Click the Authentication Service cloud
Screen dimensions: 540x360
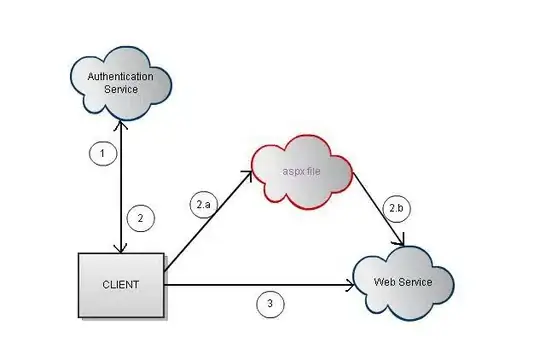(121, 84)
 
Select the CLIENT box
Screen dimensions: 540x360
(121, 285)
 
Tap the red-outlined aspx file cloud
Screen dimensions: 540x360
(302, 172)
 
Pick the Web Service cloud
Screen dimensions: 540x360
(404, 283)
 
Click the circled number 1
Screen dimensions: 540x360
(103, 153)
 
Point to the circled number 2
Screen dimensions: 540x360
(141, 218)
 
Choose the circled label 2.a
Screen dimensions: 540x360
(204, 205)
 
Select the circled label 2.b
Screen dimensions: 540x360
(396, 208)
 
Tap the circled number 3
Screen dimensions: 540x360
(270, 304)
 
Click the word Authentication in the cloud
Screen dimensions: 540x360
(121, 76)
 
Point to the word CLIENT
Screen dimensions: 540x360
(121, 285)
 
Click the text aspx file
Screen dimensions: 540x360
(301, 171)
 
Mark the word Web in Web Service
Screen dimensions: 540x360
(383, 282)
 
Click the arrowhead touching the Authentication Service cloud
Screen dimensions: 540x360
(121, 125)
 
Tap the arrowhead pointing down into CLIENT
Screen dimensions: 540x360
(121, 249)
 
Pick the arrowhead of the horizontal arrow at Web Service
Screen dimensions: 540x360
(350, 285)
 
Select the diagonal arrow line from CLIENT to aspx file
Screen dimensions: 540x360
(208, 221)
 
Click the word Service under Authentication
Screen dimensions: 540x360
(121, 90)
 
